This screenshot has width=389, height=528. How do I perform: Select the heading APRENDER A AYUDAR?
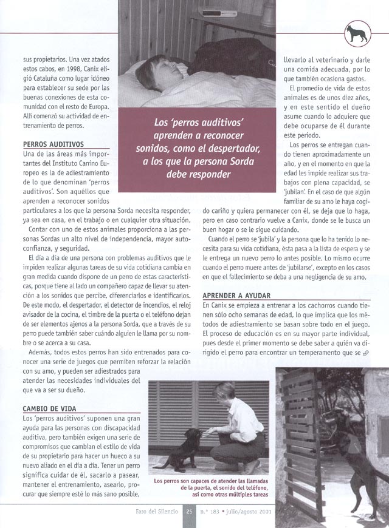[x=236, y=292]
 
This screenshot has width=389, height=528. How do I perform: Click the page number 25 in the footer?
[x=189, y=513]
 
